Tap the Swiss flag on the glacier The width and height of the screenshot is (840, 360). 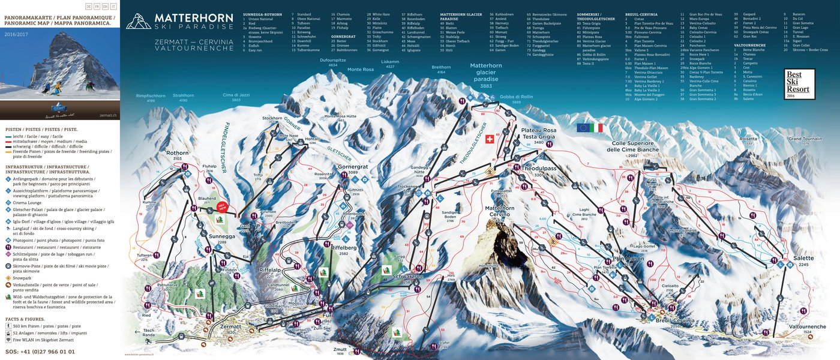pos(488,139)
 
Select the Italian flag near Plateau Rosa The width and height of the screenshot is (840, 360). pos(596,128)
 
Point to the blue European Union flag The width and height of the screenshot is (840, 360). pos(582,128)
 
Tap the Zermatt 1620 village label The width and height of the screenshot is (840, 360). pos(230,329)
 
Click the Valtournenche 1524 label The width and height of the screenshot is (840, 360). pos(805,329)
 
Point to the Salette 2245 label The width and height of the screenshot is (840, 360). pos(803,262)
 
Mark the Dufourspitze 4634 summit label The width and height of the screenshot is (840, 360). pos(332,62)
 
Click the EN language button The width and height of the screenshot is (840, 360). pos(106,6)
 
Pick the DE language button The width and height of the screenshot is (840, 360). pos(89,6)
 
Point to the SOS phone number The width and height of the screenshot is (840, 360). pos(40,351)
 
